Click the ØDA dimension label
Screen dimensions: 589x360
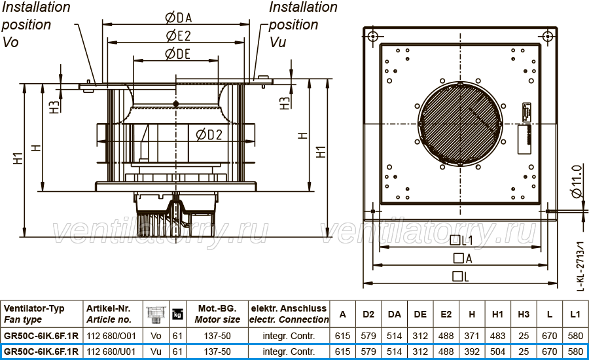pos(179,18)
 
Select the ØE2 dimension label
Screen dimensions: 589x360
pos(179,36)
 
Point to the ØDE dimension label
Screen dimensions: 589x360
pos(177,54)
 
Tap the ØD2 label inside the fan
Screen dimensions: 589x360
pos(209,135)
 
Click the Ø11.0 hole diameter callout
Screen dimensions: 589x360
pos(577,181)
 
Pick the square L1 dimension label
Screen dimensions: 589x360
pos(461,240)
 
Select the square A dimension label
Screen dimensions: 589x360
pos(463,259)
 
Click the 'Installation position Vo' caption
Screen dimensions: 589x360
pos(36,24)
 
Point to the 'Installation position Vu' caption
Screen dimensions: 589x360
pos(303,24)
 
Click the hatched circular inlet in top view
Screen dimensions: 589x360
pos(460,124)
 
